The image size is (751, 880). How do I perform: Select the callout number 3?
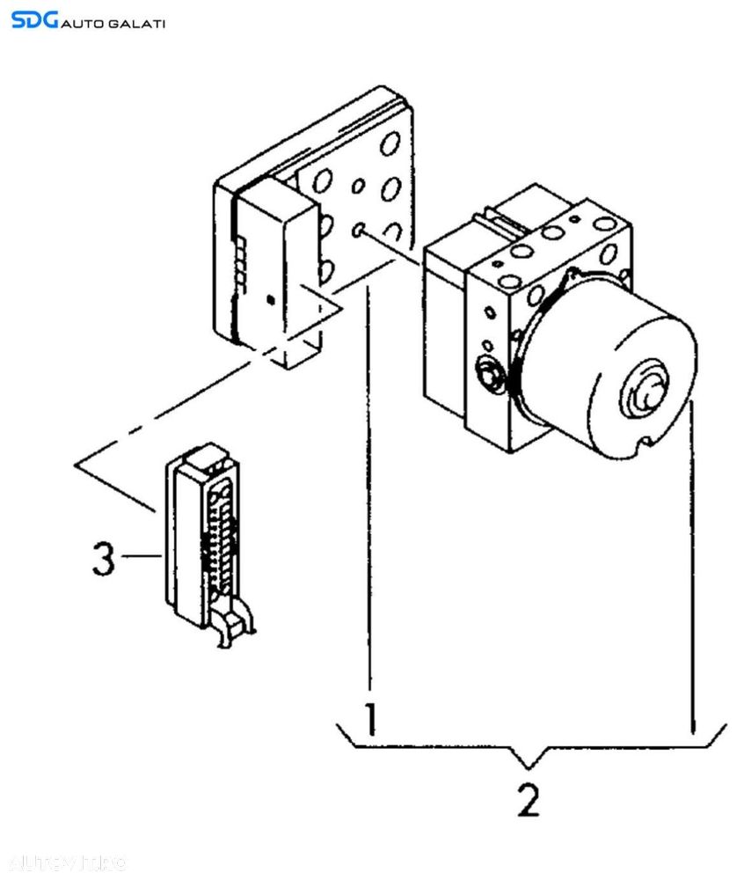pos(103,560)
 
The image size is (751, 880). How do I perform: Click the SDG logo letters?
pos(34,19)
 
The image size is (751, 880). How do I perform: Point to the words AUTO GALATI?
pos(113,22)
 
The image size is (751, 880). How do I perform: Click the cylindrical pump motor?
pos(607,361)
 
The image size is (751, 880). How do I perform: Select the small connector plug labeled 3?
pos(202,537)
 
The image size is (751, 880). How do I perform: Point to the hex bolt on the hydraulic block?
pos(486,376)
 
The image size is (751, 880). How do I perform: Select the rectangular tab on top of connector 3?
pos(201,455)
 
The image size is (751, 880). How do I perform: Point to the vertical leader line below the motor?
pos(695,572)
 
